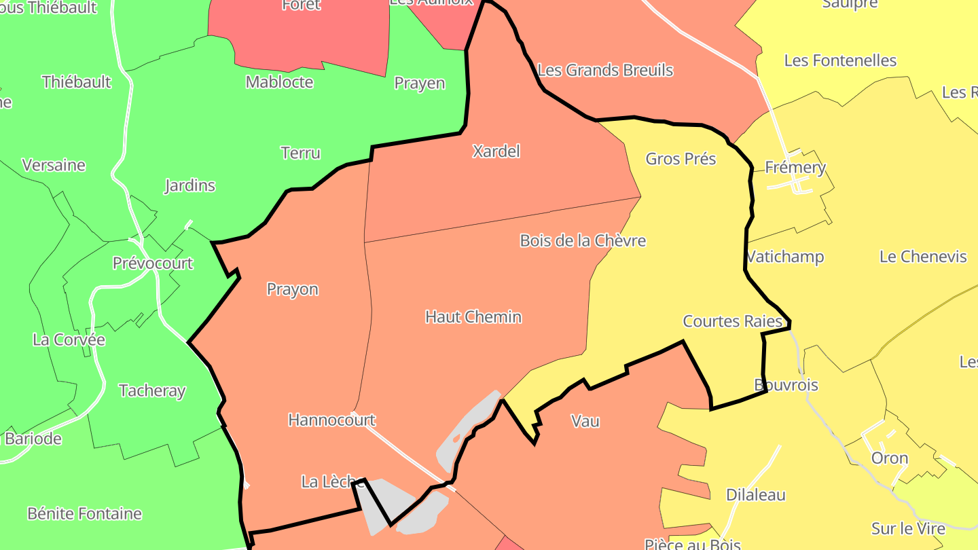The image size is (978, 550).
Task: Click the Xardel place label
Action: [x=496, y=151]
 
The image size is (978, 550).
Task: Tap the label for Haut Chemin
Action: [x=473, y=317]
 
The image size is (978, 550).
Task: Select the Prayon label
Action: [x=292, y=289]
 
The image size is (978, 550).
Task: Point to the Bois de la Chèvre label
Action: [x=583, y=241]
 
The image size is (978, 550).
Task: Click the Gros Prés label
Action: [x=681, y=159]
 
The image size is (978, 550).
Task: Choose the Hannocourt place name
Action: [x=331, y=420]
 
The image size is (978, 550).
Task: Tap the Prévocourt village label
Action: [x=153, y=263]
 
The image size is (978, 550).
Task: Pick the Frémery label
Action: [x=795, y=168]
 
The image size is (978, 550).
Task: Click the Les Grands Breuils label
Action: [x=605, y=71]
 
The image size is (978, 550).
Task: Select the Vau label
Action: [x=585, y=422]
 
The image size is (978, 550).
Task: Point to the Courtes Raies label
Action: [x=733, y=321]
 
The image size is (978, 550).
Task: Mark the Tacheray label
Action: [x=152, y=391]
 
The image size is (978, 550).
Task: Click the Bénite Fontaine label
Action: [x=85, y=513]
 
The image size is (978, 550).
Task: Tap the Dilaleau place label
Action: [x=756, y=495]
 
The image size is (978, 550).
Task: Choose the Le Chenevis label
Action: [x=923, y=257]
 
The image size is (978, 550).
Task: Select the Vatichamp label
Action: [x=785, y=257]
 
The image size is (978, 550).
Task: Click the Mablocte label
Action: [x=279, y=82]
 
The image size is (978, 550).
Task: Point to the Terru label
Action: [x=300, y=153]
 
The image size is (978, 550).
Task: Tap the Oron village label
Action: [x=890, y=458]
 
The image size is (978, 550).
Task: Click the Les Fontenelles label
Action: [x=840, y=60]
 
